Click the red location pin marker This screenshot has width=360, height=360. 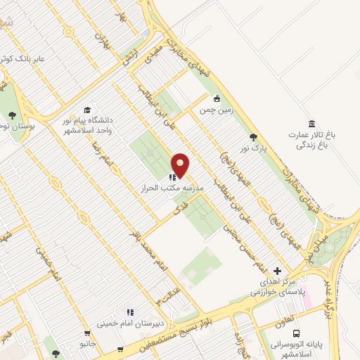(181, 165)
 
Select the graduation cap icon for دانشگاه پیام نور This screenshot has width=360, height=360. (87, 110)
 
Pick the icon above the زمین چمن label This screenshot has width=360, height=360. (217, 98)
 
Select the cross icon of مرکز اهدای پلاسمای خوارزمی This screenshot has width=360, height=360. (277, 271)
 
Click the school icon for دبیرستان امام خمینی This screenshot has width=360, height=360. (129, 311)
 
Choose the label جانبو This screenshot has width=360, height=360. (87, 344)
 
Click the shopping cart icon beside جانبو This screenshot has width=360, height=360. (87, 333)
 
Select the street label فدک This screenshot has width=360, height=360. (167, 212)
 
